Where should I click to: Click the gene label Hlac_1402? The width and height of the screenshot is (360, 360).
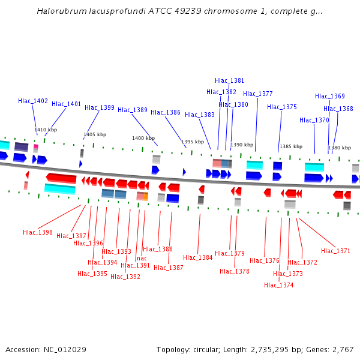click(33, 101)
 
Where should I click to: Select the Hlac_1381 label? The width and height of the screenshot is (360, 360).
click(230, 80)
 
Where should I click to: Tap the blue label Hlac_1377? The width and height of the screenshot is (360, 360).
click(258, 94)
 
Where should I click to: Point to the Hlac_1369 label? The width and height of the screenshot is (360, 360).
click(330, 96)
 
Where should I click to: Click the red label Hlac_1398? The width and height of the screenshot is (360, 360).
click(38, 232)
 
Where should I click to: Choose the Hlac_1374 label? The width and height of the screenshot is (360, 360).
click(279, 285)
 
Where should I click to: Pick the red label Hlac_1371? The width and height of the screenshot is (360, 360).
click(335, 251)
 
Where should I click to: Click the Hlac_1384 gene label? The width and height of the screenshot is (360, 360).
click(198, 257)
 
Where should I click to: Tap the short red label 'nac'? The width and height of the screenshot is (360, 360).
click(142, 258)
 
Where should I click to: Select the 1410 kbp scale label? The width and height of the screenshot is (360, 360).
click(46, 130)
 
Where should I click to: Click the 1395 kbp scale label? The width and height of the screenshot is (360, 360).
click(193, 142)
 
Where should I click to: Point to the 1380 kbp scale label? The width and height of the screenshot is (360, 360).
click(340, 148)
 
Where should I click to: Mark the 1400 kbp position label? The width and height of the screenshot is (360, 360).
click(143, 138)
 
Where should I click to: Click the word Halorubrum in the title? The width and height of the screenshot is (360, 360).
click(59, 11)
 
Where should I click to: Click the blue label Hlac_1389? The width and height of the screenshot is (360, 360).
click(133, 110)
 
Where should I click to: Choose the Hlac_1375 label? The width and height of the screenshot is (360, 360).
click(282, 107)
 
